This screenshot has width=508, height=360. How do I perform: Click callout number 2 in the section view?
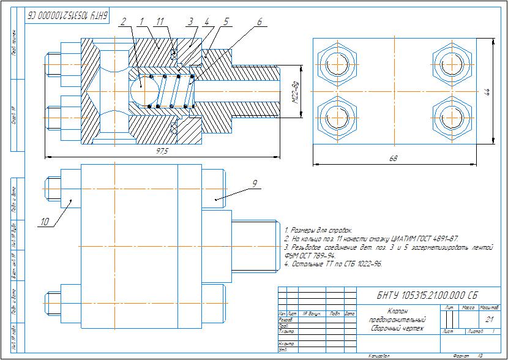point(124,21)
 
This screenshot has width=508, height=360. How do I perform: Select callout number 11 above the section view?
point(160,21)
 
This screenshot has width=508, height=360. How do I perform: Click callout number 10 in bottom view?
point(45,222)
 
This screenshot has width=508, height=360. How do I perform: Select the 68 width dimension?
point(393,159)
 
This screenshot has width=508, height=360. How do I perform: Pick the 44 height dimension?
point(487,91)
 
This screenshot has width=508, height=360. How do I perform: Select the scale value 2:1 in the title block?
point(489,320)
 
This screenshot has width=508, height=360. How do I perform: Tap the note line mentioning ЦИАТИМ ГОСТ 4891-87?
point(372,238)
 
